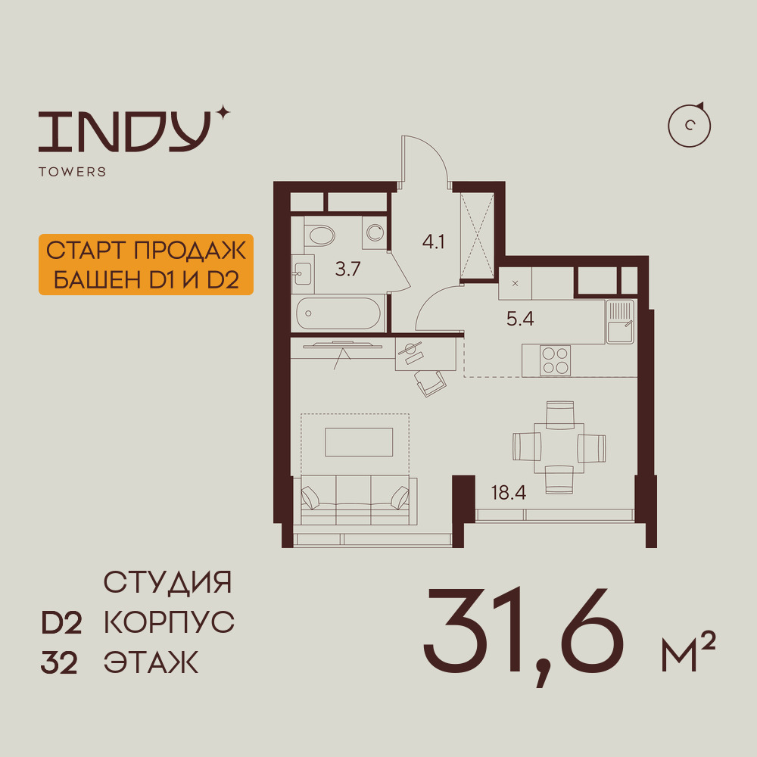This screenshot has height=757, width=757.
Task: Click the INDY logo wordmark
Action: (125, 131)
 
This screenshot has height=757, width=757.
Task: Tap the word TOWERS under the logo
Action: (73, 172)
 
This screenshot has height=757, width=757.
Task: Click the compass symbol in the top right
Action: (690, 125)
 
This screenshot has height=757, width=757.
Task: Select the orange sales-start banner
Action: (146, 264)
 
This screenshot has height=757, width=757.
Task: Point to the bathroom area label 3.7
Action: (347, 269)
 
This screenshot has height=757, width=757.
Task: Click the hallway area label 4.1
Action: (433, 241)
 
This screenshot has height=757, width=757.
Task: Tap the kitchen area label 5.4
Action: (520, 319)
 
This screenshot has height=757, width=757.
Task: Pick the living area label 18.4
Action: (509, 493)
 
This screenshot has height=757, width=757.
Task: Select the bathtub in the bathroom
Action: (338, 314)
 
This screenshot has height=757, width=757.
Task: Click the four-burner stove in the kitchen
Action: (555, 360)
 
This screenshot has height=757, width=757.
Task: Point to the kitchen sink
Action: (620, 322)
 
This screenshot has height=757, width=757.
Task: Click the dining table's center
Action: (559, 448)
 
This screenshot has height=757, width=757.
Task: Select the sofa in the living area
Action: (355, 500)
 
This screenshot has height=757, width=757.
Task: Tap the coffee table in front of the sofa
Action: (359, 442)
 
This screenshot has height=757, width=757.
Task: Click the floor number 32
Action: (59, 663)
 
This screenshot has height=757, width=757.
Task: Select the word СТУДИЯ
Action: (167, 582)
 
